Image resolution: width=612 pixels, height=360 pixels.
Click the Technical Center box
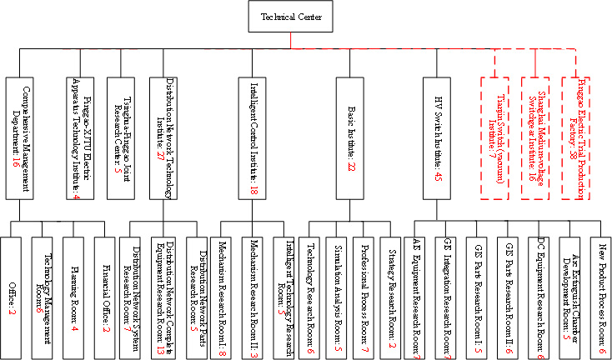coord(291,17)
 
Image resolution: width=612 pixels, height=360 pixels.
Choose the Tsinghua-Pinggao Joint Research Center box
coord(126,138)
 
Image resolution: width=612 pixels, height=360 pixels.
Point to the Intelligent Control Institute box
coord(253,138)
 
